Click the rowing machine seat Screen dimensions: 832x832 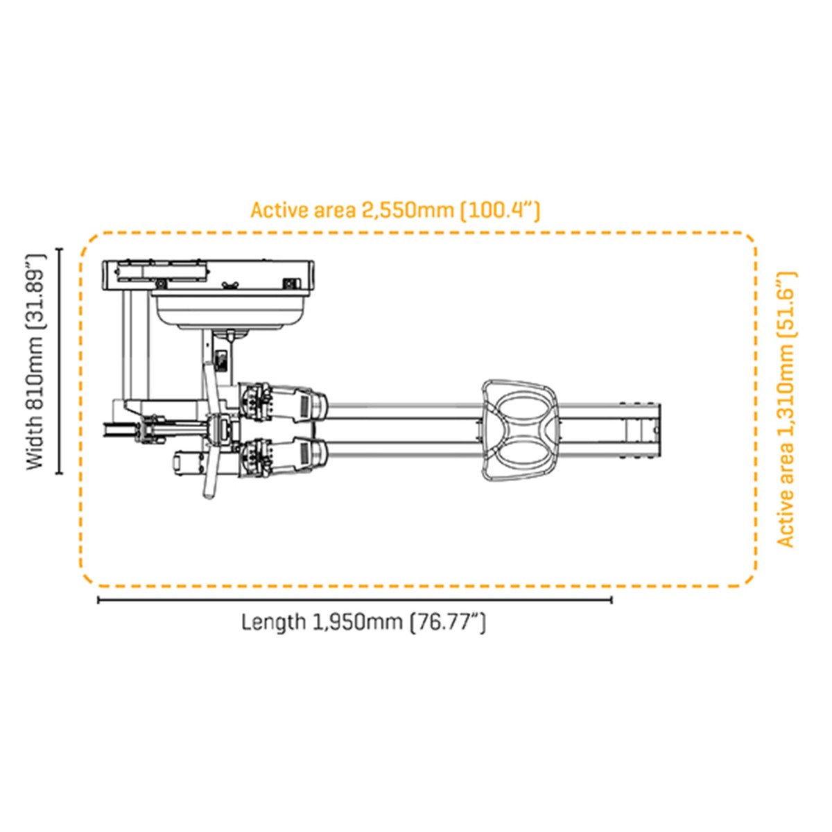pyautogui.click(x=520, y=429)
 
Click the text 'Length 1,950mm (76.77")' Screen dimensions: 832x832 pyautogui.click(x=363, y=622)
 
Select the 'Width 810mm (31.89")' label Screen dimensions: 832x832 pyautogui.click(x=36, y=361)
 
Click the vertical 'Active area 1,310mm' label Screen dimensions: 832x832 pyautogui.click(x=786, y=409)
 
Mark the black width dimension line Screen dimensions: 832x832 pyautogui.click(x=60, y=361)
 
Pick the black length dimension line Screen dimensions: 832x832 pyautogui.click(x=354, y=600)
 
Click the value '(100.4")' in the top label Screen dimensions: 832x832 pyautogui.click(x=500, y=209)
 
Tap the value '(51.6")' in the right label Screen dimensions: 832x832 pyautogui.click(x=786, y=304)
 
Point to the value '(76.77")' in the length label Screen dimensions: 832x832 pyautogui.click(x=448, y=622)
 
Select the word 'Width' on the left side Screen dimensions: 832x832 pyautogui.click(x=36, y=443)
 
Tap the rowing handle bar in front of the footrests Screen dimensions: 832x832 pyautogui.click(x=211, y=430)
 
